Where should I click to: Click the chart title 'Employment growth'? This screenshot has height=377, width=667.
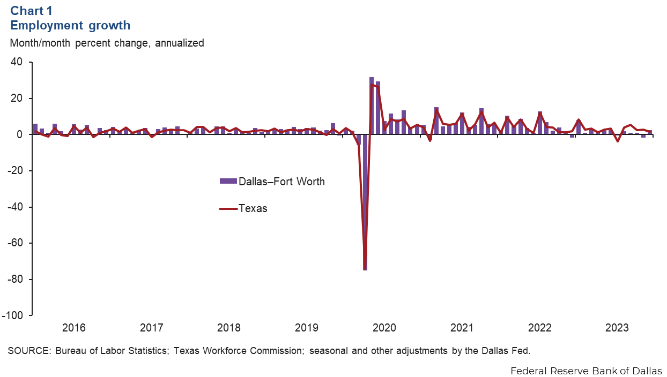70,25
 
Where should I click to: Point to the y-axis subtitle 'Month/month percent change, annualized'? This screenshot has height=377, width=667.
107,43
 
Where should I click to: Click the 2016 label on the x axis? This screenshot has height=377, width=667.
73,327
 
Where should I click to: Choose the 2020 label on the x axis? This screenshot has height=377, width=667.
384,327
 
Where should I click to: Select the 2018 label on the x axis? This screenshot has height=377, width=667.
229,327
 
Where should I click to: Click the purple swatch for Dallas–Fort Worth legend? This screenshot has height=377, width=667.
228,181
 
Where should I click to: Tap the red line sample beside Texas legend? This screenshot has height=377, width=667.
228,208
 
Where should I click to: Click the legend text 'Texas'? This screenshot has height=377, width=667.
253,208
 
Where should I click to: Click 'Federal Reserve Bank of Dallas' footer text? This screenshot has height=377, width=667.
586,370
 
